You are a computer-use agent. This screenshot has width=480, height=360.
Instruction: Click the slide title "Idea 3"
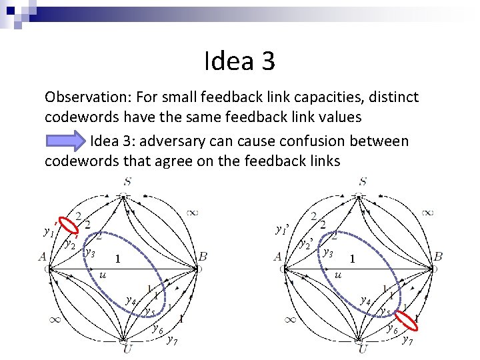239,62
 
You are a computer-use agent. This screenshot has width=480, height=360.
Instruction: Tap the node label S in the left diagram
126,181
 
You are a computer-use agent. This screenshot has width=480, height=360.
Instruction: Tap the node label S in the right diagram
363,181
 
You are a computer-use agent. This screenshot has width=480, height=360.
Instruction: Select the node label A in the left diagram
43,256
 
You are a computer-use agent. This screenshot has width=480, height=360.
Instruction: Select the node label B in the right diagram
439,256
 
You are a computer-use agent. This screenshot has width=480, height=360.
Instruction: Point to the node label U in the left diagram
126,349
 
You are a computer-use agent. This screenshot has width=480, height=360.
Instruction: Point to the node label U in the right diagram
363,349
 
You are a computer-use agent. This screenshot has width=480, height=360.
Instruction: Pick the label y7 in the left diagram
171,341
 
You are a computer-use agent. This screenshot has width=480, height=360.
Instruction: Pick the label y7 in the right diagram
407,341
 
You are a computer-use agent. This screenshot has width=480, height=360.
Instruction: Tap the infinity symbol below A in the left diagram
55,319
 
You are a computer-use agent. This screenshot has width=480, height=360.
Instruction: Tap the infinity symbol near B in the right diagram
428,212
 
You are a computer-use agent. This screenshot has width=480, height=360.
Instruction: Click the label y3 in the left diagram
89,253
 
